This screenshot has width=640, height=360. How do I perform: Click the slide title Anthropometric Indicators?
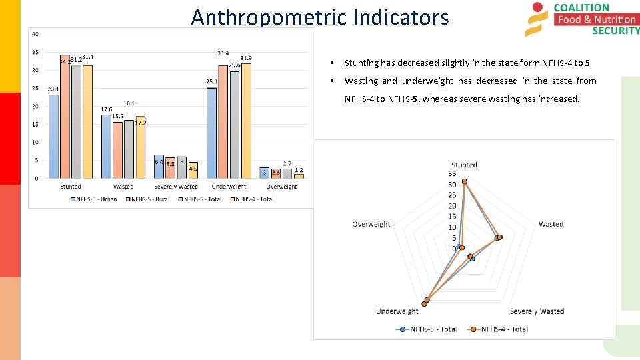[x=320, y=17]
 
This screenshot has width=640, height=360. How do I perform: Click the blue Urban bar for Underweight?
[x=211, y=133]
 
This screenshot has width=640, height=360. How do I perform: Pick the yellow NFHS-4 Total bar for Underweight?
[x=246, y=121]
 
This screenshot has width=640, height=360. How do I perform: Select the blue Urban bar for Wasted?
[x=106, y=146]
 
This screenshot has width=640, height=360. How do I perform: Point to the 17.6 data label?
[x=106, y=110]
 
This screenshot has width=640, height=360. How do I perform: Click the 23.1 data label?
[x=53, y=89]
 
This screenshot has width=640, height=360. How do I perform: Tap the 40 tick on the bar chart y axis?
[x=35, y=34]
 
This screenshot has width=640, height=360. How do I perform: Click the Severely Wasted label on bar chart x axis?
[x=176, y=187]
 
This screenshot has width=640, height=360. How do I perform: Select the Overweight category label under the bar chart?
[x=281, y=187]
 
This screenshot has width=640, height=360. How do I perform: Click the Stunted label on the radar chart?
[x=464, y=165]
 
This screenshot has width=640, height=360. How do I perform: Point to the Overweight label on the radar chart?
[x=371, y=224]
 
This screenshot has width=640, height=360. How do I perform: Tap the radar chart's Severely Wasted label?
[x=537, y=311]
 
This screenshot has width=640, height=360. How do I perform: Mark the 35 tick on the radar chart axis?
[x=452, y=174]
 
